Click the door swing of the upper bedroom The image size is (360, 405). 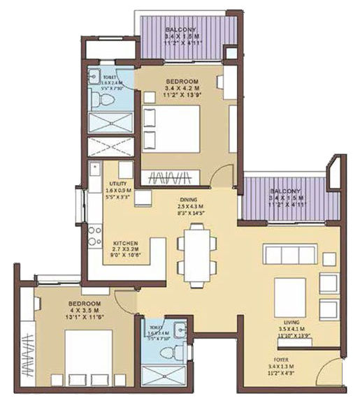(x=222, y=175)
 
